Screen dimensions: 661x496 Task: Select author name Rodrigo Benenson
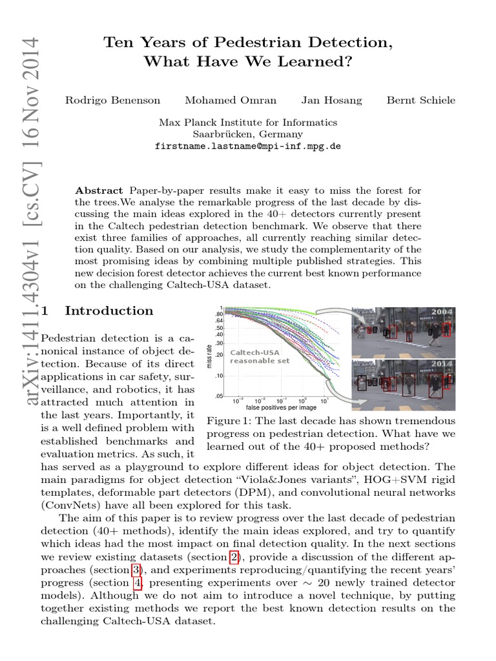[112, 100]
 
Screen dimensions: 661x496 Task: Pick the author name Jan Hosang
[331, 100]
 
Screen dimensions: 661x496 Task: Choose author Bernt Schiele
[420, 100]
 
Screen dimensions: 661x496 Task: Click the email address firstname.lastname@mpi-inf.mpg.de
[248, 147]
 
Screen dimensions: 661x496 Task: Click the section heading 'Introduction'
[109, 311]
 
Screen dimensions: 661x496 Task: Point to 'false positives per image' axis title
[281, 408]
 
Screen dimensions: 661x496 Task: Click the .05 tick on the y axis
[220, 396]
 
